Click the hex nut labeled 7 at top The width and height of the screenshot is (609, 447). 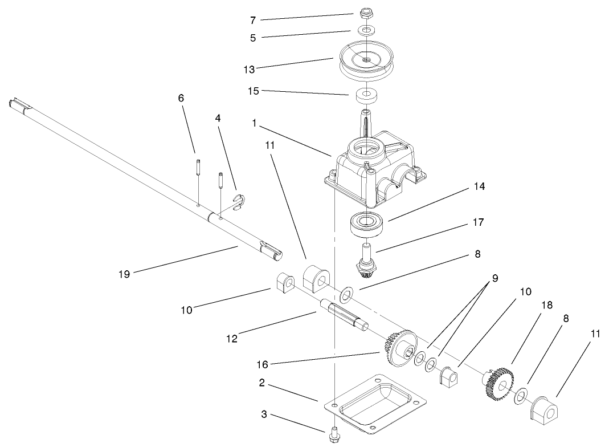pos(366,13)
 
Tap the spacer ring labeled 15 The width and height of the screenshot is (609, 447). pos(366,95)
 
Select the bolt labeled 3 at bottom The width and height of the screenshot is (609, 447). pos(333,436)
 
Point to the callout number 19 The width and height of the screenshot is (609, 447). pos(124,274)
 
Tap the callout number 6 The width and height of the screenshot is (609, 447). pos(181,98)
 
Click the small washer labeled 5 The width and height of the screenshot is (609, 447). pos(366,30)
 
